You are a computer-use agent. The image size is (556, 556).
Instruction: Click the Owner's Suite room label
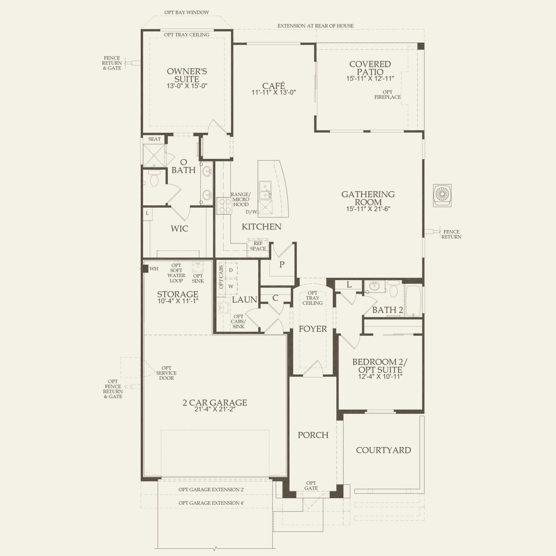click(x=187, y=75)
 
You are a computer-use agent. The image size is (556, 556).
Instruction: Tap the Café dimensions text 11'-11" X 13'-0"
click(x=274, y=93)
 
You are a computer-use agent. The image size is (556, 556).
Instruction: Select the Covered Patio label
click(x=370, y=68)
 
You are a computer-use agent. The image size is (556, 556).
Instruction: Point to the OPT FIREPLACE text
click(x=387, y=95)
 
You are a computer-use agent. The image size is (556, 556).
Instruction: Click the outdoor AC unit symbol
click(x=442, y=195)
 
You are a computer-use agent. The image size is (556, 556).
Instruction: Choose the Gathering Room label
click(x=368, y=198)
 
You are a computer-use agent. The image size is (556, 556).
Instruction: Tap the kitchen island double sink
click(x=265, y=190)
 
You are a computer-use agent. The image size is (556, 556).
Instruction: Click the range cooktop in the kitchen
click(x=224, y=206)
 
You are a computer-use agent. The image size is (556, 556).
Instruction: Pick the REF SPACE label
click(x=258, y=246)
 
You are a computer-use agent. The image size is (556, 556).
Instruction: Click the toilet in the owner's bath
click(x=154, y=178)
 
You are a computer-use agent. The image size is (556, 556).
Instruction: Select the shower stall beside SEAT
click(x=154, y=155)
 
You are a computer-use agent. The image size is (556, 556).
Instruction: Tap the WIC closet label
click(x=179, y=229)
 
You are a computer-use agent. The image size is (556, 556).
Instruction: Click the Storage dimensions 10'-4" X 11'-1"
click(x=178, y=301)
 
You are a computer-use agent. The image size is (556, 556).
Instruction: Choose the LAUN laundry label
click(x=244, y=300)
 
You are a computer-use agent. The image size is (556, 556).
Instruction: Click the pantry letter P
click(x=282, y=265)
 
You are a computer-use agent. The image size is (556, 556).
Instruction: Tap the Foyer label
click(x=313, y=329)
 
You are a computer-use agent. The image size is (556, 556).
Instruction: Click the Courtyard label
click(x=383, y=450)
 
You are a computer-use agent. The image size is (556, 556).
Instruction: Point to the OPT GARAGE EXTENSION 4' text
click(x=211, y=503)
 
